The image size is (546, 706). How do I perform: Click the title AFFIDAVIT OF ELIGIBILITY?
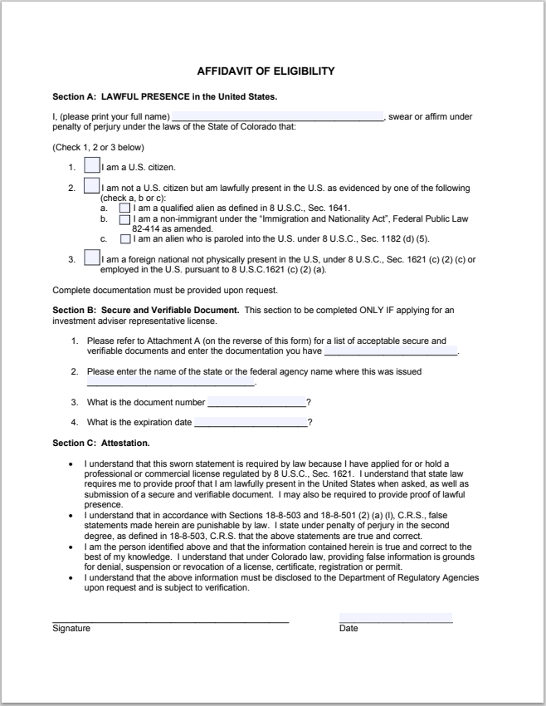[x=266, y=71]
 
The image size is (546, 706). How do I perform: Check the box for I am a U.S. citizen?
[x=92, y=165]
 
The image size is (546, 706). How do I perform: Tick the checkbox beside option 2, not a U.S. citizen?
[x=92, y=185]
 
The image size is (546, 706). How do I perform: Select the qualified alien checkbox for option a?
[x=125, y=208]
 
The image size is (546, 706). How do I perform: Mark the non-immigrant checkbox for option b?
[x=125, y=220]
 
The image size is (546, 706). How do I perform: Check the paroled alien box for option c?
[x=125, y=238]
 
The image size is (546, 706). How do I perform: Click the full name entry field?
[x=277, y=116]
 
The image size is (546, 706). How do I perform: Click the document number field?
[x=256, y=403]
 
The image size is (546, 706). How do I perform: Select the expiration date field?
[x=249, y=423]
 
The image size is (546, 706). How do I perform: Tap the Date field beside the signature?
[x=395, y=618]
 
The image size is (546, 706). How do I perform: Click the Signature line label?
[x=71, y=629]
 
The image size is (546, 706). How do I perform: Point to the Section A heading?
[x=164, y=96]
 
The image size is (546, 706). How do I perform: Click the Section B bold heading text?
[x=145, y=310]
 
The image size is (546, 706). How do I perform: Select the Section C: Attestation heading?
[x=100, y=443]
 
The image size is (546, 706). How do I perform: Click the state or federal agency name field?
[x=170, y=382]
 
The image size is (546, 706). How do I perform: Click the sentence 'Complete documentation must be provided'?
[x=164, y=291]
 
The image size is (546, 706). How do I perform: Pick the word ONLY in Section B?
[x=387, y=310]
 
